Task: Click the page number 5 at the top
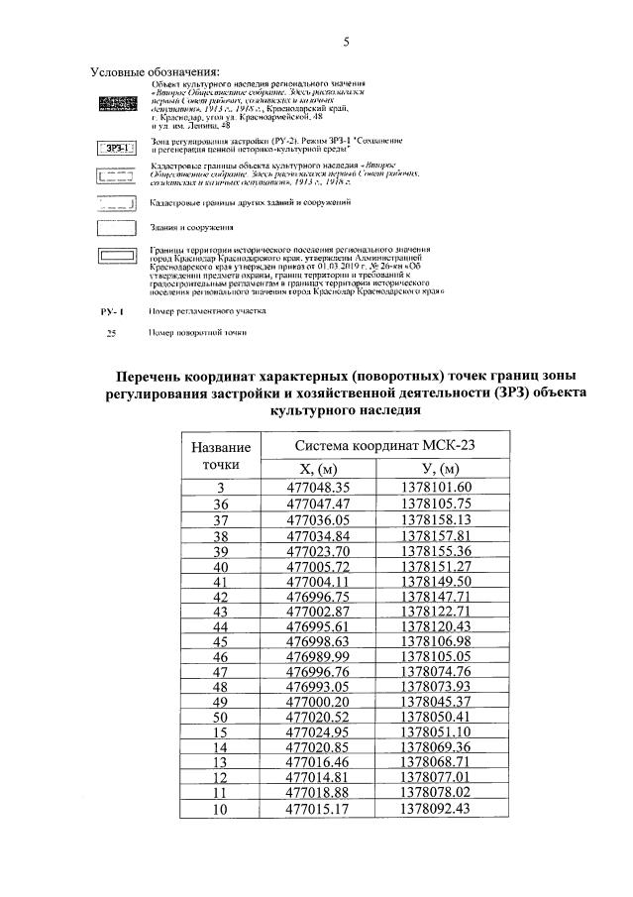pos(347,42)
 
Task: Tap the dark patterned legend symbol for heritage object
pos(117,103)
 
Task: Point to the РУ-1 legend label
pos(112,311)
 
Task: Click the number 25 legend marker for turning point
pos(111,333)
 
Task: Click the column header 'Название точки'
pos(221,455)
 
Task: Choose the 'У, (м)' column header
pos(443,469)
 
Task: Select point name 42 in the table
pos(221,598)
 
